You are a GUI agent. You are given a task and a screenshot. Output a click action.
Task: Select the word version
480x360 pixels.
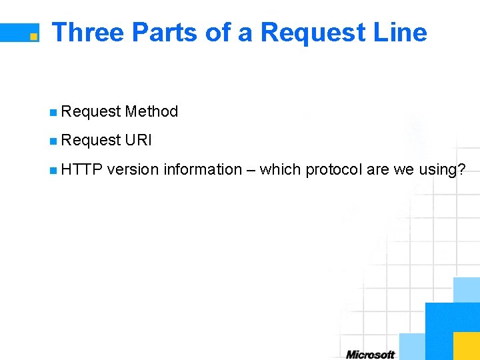[133, 169]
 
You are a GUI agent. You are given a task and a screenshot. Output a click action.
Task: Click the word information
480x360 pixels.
[202, 169]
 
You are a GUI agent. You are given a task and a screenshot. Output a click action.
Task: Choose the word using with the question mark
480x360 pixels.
[442, 170]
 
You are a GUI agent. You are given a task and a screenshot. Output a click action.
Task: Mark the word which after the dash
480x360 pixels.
[280, 169]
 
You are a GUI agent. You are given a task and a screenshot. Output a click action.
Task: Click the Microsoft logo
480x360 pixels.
[370, 354]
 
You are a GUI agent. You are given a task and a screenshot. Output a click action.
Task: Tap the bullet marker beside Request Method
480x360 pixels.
[53, 112]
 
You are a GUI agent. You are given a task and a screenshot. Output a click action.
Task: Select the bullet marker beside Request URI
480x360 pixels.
[53, 141]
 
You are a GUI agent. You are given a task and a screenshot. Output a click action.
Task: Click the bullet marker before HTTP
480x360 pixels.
[53, 170]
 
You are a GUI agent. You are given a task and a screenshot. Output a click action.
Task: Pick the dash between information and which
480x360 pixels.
[250, 170]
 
